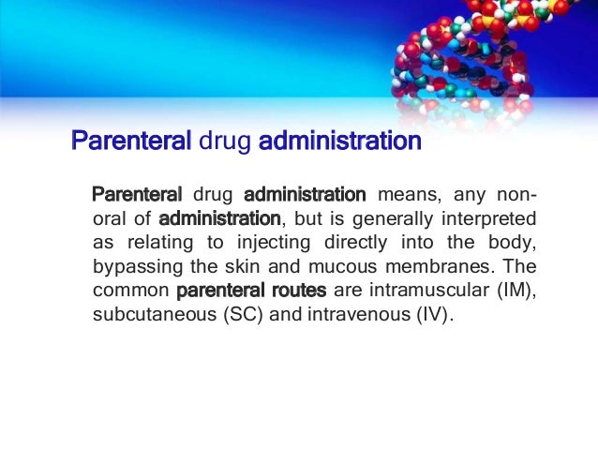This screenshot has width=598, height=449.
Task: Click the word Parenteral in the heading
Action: pyautogui.click(x=132, y=143)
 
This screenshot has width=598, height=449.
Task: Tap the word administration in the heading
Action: pyautogui.click(x=339, y=143)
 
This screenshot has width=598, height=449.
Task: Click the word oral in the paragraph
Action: pyautogui.click(x=111, y=219)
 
